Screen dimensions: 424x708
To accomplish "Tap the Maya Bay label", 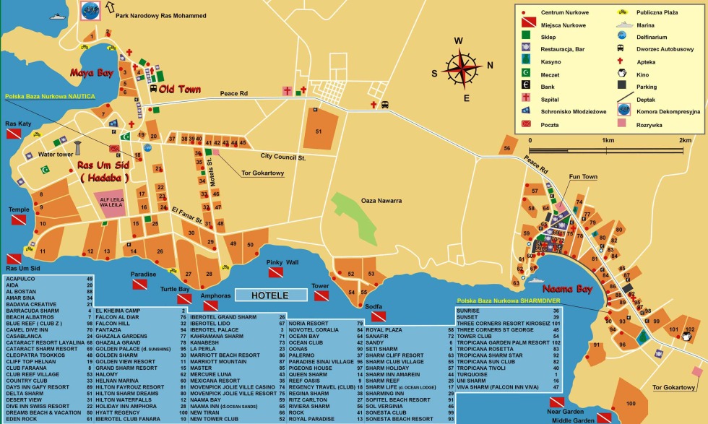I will coord(92,73).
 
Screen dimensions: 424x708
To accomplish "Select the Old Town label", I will coord(180,89).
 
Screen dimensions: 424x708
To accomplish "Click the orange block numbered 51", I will coord(319,131).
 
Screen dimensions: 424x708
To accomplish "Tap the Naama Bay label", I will coord(566,288).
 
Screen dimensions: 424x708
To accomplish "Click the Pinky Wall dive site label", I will coord(282,262).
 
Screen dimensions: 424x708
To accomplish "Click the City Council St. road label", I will coord(282,157).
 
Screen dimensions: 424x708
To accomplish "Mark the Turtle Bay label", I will coord(175,289).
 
